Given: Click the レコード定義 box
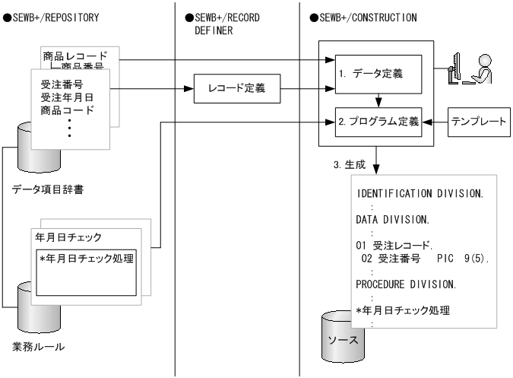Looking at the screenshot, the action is [237, 89].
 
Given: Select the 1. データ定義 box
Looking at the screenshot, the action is [378, 75].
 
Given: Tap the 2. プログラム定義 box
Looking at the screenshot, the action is [378, 122].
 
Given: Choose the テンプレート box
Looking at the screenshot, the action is [479, 122].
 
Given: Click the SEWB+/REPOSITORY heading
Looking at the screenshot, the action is [52, 17].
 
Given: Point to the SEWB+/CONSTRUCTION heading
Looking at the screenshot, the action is [363, 17].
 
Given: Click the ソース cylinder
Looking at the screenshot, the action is [343, 337].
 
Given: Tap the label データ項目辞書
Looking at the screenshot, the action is [48, 189].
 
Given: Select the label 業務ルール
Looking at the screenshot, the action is [38, 347].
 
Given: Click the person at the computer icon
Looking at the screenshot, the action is [470, 68].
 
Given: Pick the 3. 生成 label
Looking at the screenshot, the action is [350, 164].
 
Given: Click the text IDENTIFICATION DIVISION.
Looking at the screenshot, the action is [420, 193].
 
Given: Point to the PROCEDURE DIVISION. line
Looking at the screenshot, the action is [406, 284].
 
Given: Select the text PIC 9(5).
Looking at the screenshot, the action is [463, 259].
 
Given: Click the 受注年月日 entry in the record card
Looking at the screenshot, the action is [67, 97].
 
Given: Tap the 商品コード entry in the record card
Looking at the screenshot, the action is [68, 110].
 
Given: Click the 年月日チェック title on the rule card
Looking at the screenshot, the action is [68, 237].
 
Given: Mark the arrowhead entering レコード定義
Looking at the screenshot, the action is [188, 89].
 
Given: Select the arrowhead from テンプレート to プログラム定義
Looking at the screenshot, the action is [427, 122].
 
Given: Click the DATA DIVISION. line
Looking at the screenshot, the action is [393, 219].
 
